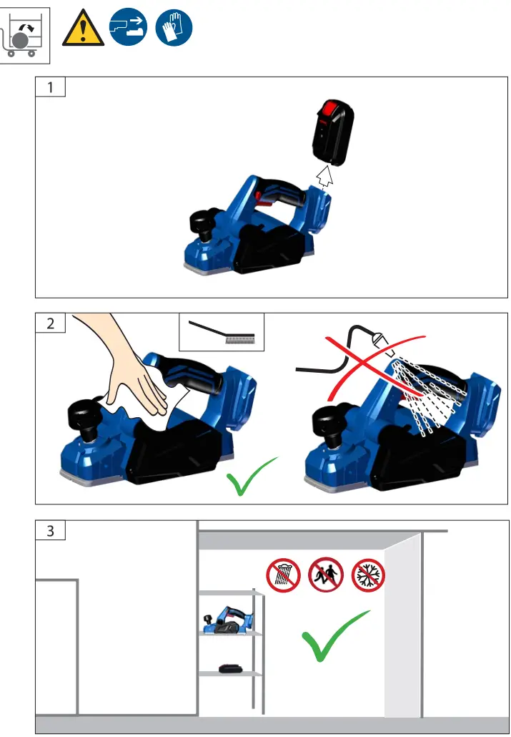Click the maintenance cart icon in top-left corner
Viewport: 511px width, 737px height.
(25, 33)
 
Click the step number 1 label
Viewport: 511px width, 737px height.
(50, 87)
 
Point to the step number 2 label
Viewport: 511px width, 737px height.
(50, 322)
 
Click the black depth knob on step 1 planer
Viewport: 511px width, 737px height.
(203, 223)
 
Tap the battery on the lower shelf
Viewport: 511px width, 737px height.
(232, 668)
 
